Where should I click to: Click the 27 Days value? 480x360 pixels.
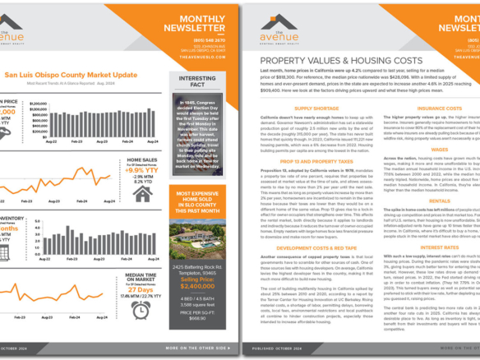coord(141,289)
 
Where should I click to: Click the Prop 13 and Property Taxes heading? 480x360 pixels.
coord(316,162)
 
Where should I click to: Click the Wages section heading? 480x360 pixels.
coord(440,149)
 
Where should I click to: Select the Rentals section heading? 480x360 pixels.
coord(440,201)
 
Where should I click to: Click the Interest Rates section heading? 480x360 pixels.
coord(440,247)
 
